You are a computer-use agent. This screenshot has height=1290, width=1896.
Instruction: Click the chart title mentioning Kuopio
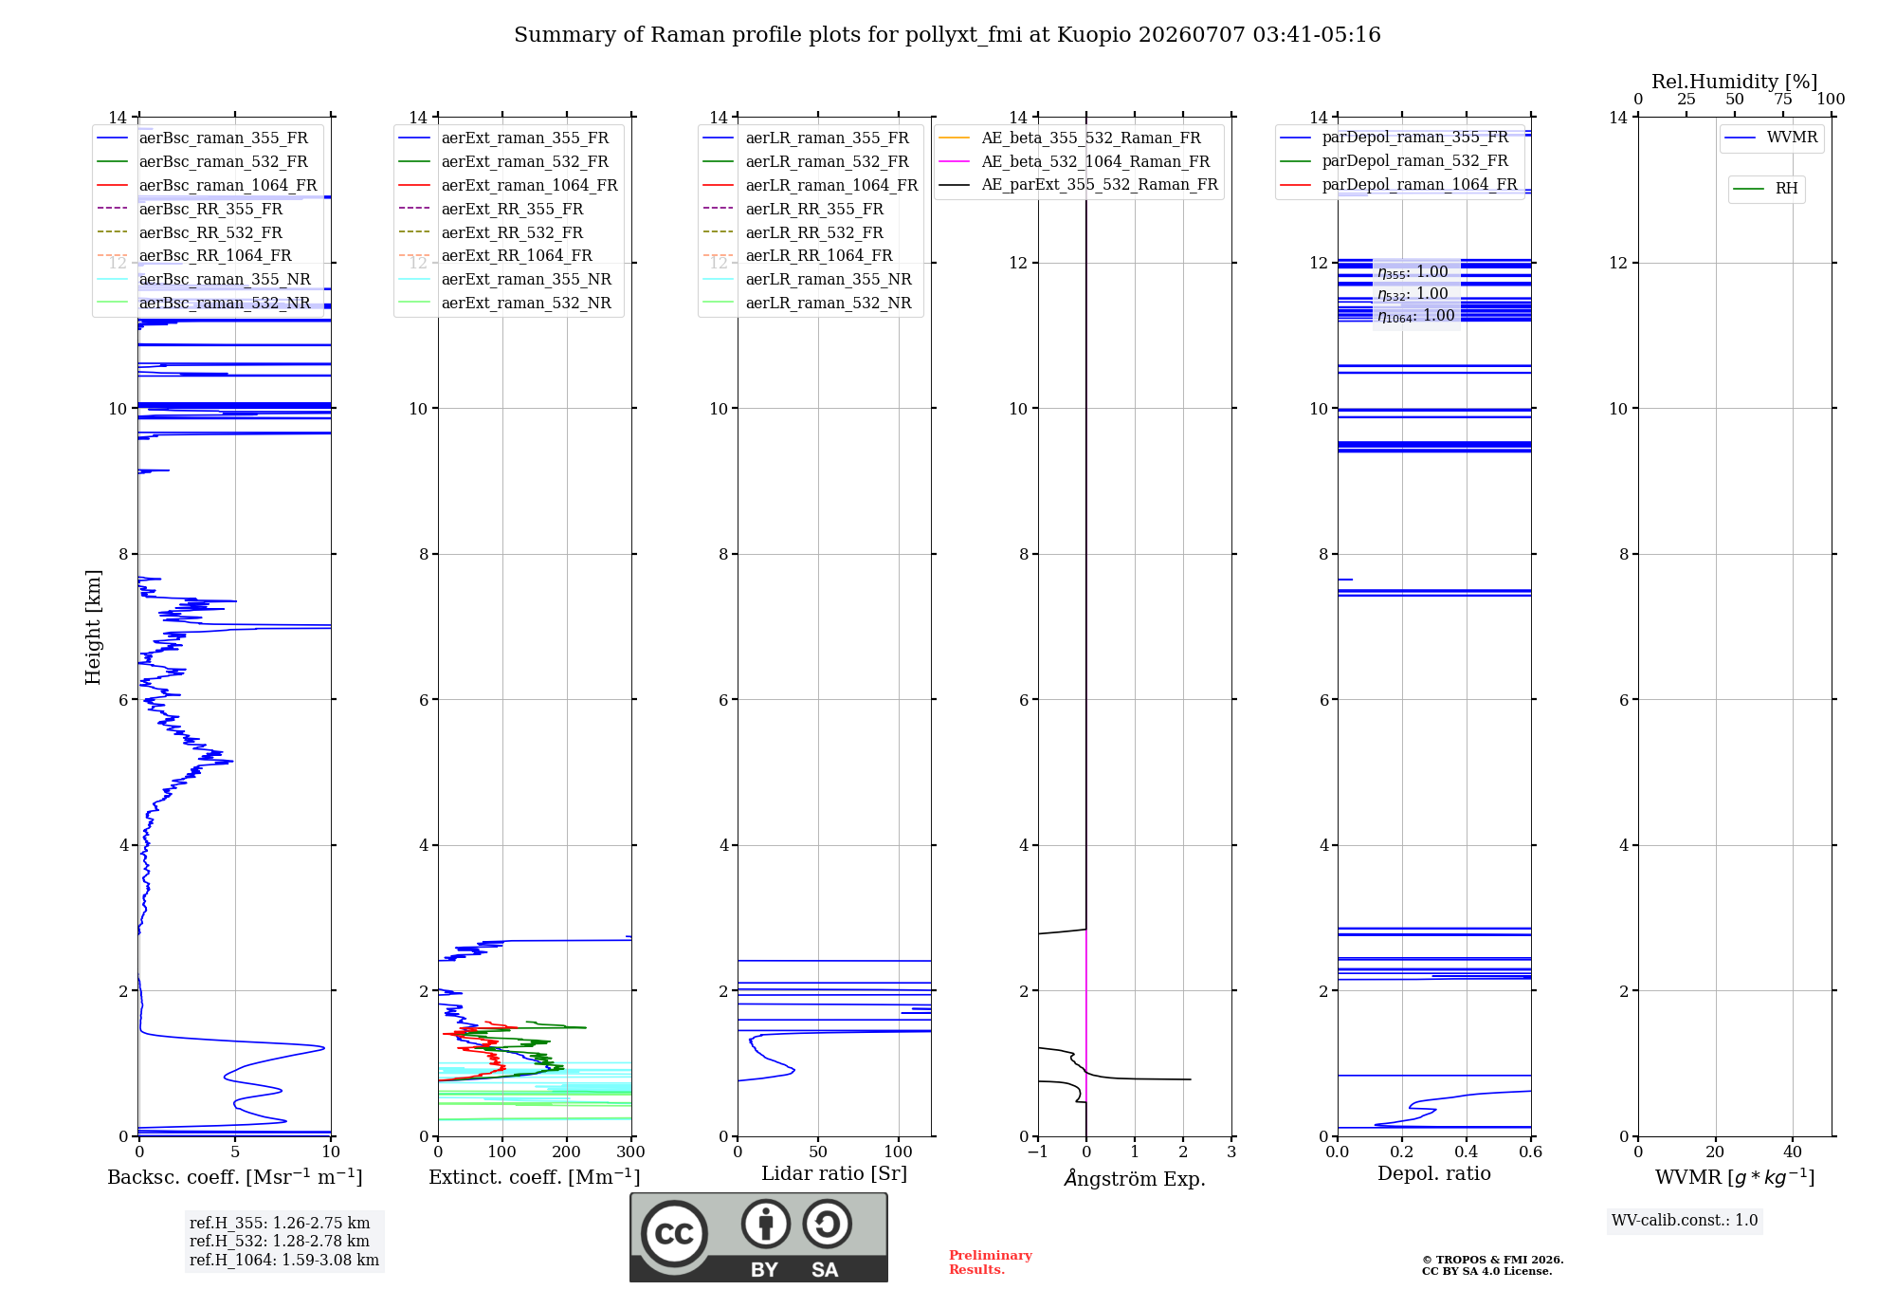coord(947,35)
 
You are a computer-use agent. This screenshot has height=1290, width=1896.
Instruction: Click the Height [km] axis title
coord(93,627)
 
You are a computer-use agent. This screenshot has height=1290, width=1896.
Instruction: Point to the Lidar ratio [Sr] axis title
coord(834,1173)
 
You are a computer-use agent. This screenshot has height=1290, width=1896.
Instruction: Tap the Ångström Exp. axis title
coord(1135,1178)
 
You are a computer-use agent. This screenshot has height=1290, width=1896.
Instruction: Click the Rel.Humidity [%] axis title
coord(1735,82)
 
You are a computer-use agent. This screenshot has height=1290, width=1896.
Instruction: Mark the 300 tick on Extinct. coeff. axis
coord(630,1152)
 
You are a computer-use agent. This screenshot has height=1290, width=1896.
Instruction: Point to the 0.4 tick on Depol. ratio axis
coord(1467,1152)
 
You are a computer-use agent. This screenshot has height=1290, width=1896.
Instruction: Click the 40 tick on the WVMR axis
coord(1793,1152)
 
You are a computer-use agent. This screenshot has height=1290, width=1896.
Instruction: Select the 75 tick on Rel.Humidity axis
coord(1782,100)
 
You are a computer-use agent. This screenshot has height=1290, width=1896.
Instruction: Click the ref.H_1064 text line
coord(284,1260)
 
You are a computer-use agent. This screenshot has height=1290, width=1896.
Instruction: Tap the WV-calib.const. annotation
coord(1685,1221)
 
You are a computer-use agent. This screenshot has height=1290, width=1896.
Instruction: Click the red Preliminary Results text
coord(991,1262)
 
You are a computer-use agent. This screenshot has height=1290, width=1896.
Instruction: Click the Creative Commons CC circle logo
coord(674,1234)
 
